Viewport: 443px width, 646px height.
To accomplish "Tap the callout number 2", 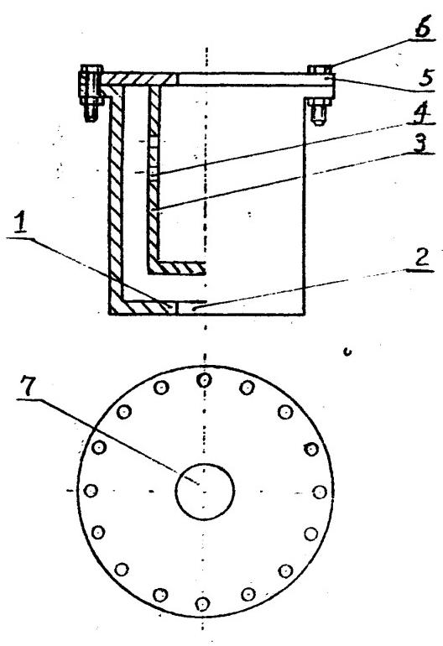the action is pos(420,258).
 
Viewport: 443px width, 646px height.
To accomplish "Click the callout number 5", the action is pos(425,78).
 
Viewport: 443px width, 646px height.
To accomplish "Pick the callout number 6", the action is pos(422,28).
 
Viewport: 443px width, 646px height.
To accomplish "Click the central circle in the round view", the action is pos(205,491).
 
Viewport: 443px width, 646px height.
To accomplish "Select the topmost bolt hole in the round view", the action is pos(205,380).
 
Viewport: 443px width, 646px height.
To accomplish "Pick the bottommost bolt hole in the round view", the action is pos(202,603).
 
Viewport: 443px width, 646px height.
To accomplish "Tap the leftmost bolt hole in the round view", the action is pos(91,490).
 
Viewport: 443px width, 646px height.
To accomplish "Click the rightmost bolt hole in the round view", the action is pos(320,492).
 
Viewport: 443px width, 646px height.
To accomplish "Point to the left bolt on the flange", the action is pos(91,93).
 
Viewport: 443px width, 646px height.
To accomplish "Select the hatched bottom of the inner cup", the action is pos(177,268).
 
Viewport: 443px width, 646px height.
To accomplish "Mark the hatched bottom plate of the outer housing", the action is pos(143,307).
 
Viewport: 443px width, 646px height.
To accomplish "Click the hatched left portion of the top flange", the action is pos(140,80).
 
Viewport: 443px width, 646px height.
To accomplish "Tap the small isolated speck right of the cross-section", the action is pos(347,352).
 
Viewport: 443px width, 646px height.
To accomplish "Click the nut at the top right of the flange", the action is pos(320,69).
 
